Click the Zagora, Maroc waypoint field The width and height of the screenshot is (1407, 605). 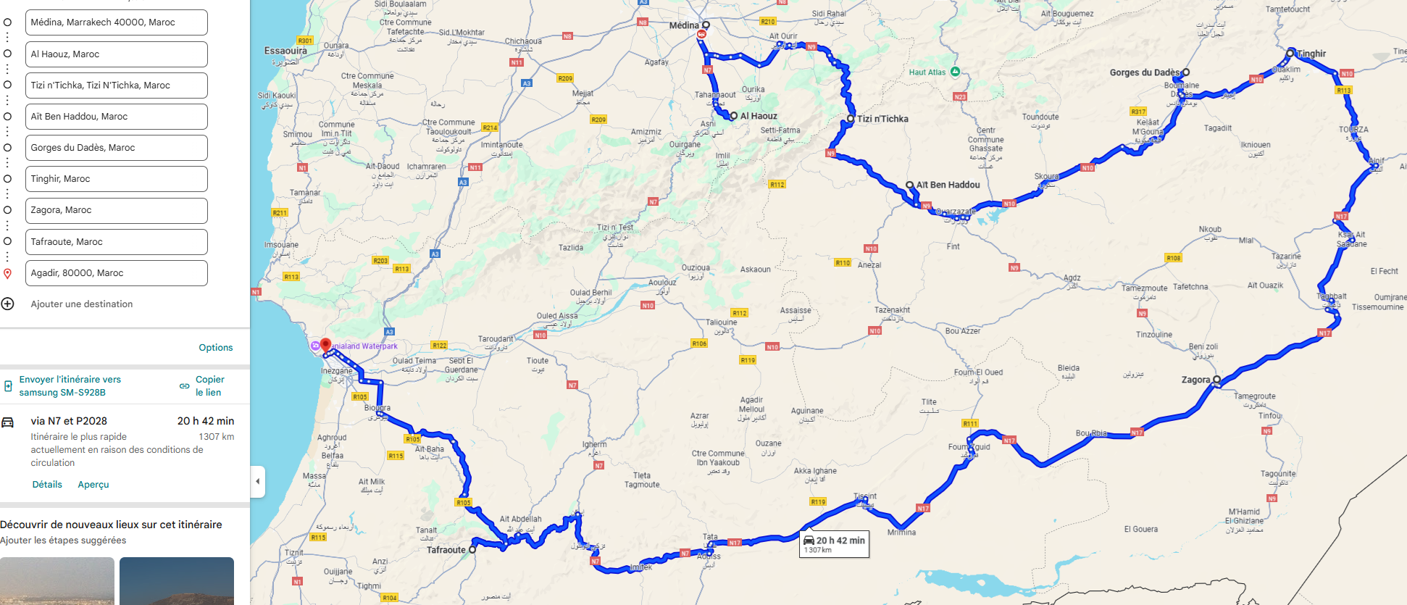tap(116, 210)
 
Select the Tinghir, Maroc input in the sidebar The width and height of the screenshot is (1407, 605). tap(116, 179)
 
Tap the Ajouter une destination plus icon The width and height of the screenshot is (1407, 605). tap(7, 304)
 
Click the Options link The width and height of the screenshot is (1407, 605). tap(215, 348)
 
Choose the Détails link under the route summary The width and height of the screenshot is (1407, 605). tap(47, 485)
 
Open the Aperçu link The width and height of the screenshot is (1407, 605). tap(93, 485)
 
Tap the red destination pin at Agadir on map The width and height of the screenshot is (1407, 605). tap(326, 345)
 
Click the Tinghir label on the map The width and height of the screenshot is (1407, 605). tap(1311, 54)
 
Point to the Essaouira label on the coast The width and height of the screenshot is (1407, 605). tap(285, 51)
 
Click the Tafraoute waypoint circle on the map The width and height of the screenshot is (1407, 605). tap(472, 550)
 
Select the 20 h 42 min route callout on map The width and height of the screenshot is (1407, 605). tap(834, 544)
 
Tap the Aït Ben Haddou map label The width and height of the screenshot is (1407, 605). tap(948, 185)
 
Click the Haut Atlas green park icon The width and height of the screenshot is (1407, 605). tap(955, 72)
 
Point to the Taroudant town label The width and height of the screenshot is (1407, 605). tap(495, 339)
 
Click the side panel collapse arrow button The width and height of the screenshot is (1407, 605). tap(258, 481)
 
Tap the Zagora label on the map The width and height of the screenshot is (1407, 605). tap(1195, 380)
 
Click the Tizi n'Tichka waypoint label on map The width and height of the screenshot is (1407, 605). tap(882, 119)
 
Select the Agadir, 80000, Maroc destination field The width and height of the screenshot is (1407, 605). tap(116, 273)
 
